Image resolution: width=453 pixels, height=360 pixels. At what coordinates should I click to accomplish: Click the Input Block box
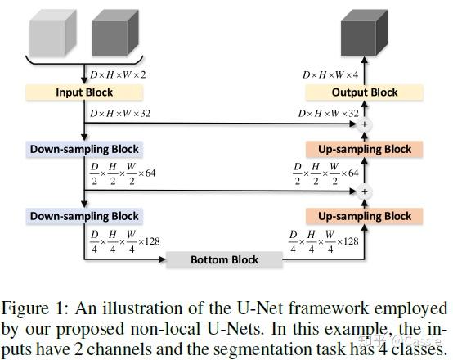click(84, 92)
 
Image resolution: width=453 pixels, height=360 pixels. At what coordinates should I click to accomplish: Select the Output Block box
click(365, 92)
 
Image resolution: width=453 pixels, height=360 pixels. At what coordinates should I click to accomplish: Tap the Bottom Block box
click(224, 260)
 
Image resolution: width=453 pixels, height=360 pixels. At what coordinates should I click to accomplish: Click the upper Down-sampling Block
click(84, 150)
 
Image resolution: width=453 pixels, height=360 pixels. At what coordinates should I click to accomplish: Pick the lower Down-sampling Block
click(84, 216)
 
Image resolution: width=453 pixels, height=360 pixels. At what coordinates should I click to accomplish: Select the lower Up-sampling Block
click(363, 216)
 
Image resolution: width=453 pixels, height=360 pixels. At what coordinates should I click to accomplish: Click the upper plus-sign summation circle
click(365, 125)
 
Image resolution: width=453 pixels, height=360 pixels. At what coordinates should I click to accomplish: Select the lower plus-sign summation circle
click(365, 191)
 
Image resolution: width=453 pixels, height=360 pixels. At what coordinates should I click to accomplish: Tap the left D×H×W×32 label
click(119, 113)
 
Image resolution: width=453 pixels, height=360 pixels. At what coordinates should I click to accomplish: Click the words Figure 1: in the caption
click(34, 308)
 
